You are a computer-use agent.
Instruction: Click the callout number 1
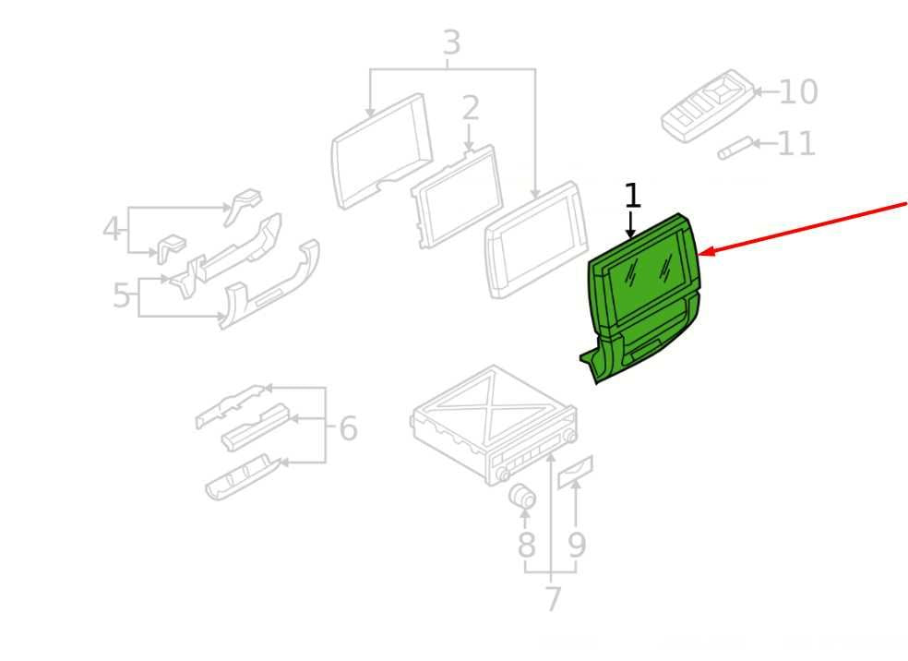tap(633, 196)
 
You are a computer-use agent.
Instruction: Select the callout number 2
tap(471, 108)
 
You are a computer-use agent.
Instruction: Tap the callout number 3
tap(451, 42)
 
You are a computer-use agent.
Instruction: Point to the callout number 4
tap(111, 228)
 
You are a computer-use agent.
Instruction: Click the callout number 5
tap(121, 295)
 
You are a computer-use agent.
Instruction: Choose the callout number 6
tap(348, 428)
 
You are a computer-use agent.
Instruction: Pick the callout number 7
tap(553, 599)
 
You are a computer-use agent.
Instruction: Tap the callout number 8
tap(526, 545)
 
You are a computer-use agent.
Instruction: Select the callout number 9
tap(576, 545)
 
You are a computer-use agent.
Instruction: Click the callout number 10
tap(798, 91)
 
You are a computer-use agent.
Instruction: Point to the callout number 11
tap(796, 144)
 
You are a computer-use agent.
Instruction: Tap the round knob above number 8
tap(521, 496)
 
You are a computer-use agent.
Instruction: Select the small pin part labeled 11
tap(735, 149)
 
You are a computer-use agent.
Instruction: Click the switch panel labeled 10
tap(708, 106)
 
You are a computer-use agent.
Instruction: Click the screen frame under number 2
tap(457, 198)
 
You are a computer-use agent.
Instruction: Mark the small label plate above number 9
tap(575, 472)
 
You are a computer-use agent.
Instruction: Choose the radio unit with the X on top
tap(494, 424)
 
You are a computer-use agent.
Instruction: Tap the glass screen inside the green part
tap(647, 271)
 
